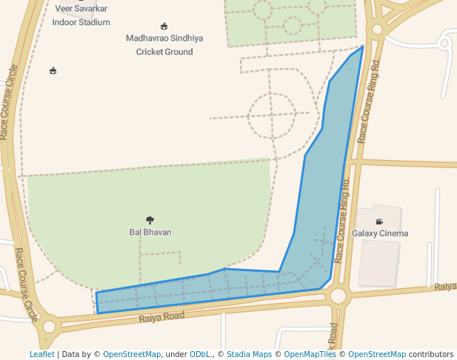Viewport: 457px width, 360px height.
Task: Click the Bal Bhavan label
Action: [150, 232]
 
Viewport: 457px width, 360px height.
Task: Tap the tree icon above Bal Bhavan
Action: [150, 220]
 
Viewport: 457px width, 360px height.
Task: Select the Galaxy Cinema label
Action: [380, 233]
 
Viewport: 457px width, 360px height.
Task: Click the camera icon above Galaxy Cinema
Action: [380, 221]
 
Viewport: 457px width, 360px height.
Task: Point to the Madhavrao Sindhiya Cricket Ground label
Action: [164, 44]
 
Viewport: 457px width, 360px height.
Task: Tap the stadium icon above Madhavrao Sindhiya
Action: [164, 26]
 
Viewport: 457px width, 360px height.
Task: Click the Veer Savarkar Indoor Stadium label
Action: [81, 16]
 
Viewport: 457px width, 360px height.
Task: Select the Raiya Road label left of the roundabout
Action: [161, 317]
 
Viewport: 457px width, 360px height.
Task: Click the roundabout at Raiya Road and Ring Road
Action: [338, 296]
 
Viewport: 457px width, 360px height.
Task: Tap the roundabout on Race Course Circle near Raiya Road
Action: [50, 326]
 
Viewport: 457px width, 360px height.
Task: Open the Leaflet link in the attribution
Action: [41, 354]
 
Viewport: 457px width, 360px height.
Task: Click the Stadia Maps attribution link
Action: [249, 354]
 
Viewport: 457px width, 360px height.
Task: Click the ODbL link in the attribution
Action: [200, 354]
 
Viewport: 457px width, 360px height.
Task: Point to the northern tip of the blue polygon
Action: [363, 47]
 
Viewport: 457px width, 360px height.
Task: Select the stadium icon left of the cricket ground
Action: [53, 71]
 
